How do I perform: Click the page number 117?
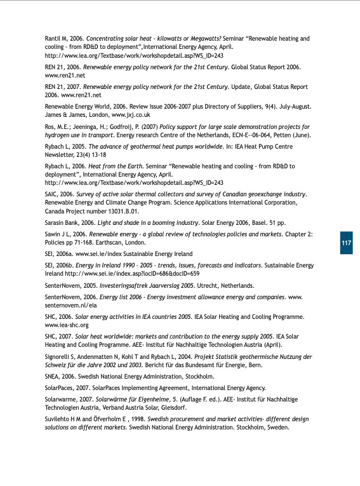pos(346,244)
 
